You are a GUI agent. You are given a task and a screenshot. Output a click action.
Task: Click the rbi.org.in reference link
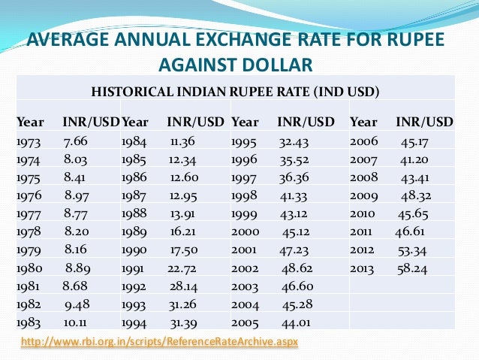click(x=160, y=343)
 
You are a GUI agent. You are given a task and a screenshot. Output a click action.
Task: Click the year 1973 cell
click(x=29, y=141)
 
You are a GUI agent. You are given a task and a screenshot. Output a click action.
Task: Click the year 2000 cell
click(x=246, y=231)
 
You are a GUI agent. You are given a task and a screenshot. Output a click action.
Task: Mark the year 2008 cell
click(x=364, y=177)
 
